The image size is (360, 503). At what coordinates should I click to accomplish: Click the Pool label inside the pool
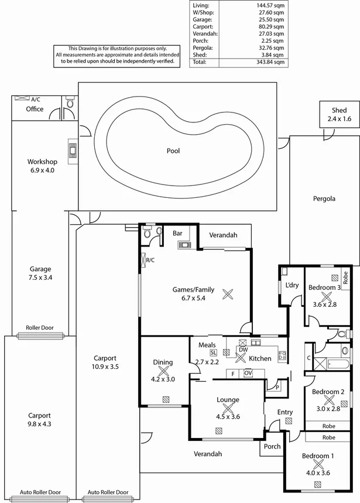pyautogui.click(x=173, y=151)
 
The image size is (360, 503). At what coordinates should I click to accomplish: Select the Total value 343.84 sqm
pyautogui.click(x=270, y=61)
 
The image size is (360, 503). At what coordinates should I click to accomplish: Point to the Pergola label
pyautogui.click(x=324, y=199)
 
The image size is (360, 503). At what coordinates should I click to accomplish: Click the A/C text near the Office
pyautogui.click(x=36, y=100)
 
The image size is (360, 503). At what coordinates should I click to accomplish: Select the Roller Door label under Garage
pyautogui.click(x=40, y=328)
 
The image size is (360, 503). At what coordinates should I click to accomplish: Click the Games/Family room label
pyautogui.click(x=193, y=289)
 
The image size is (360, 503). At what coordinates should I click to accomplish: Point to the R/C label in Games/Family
pyautogui.click(x=150, y=260)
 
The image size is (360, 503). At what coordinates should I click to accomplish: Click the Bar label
pyautogui.click(x=177, y=233)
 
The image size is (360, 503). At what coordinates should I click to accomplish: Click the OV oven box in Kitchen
pyautogui.click(x=248, y=372)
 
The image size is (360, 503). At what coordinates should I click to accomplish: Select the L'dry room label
pyautogui.click(x=292, y=285)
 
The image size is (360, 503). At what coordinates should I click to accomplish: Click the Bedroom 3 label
pyautogui.click(x=325, y=288)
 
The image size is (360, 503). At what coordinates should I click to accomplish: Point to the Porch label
pyautogui.click(x=272, y=446)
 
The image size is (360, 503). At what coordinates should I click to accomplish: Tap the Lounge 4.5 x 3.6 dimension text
pyautogui.click(x=228, y=417)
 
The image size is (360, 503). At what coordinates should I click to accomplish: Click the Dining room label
pyautogui.click(x=163, y=362)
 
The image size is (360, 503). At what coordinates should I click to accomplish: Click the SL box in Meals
pyautogui.click(x=213, y=353)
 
